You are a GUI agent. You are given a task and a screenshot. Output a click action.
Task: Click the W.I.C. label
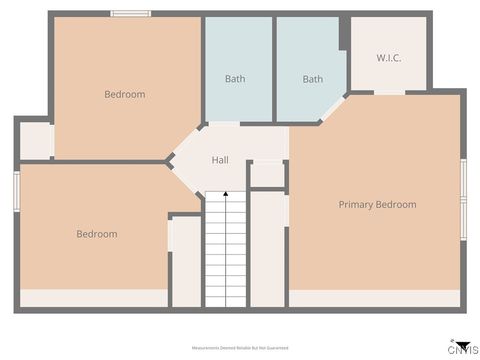point(389,58)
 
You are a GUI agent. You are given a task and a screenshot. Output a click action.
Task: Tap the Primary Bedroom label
point(377,205)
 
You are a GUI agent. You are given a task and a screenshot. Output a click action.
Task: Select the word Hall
point(221,160)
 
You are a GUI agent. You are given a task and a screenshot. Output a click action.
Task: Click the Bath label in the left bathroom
point(235,79)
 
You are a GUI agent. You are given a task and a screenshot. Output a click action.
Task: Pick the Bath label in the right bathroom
point(313,79)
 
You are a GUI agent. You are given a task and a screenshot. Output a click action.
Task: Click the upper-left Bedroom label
point(125,95)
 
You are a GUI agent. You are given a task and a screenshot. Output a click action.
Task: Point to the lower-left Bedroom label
point(97,234)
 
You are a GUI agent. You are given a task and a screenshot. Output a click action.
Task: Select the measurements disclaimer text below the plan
point(240,347)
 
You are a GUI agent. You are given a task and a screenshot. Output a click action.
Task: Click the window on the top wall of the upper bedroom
point(130,14)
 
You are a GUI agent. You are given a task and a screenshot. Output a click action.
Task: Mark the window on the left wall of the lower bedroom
point(17,190)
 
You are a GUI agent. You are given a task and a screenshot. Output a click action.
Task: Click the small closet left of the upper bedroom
point(36,141)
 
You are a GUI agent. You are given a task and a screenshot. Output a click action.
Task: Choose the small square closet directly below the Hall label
point(267,175)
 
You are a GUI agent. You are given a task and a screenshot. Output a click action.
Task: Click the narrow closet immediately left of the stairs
point(186,262)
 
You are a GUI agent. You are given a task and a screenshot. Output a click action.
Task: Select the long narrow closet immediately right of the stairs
point(267,250)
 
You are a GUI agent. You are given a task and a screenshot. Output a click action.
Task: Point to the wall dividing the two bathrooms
point(274,68)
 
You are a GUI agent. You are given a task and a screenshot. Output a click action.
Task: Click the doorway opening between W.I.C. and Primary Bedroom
point(389,93)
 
